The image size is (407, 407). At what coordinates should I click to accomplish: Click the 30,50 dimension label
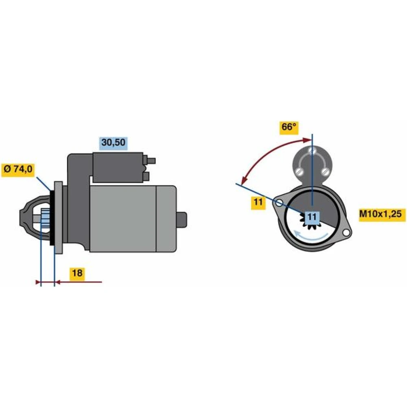(x=114, y=142)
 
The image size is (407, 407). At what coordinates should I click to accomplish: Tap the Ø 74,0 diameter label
(x=18, y=169)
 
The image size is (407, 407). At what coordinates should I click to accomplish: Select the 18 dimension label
(x=77, y=273)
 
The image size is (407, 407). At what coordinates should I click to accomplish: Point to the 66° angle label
(x=289, y=127)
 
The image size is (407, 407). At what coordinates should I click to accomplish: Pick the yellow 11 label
(x=258, y=202)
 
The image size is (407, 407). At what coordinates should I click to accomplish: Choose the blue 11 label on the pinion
(x=312, y=217)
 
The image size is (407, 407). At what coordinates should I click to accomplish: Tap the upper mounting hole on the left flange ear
(x=279, y=203)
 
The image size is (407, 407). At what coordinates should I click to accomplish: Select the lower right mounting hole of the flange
(x=346, y=233)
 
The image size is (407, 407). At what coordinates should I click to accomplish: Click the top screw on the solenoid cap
(x=312, y=150)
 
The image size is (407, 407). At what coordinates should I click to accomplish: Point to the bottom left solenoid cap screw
(x=300, y=171)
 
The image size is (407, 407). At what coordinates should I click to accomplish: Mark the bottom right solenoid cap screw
(x=325, y=171)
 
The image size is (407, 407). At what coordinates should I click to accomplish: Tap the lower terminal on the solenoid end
(x=146, y=177)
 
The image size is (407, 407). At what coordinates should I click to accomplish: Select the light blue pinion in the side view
(x=45, y=219)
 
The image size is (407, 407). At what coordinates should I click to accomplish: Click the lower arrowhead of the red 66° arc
(x=243, y=180)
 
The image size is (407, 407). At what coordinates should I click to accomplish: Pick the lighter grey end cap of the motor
(x=166, y=219)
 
